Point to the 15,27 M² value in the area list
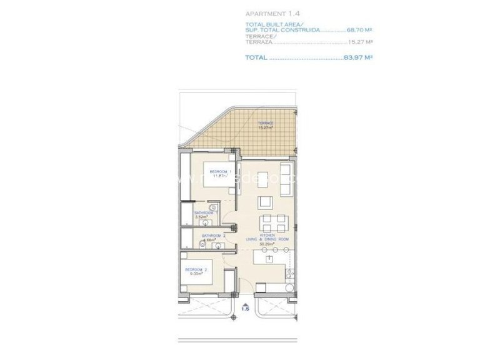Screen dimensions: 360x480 tap(361, 42)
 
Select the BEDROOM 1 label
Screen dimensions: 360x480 tap(221, 171)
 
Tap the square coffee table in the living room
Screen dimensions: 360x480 tap(264, 202)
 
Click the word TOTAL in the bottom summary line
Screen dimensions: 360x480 tap(257, 57)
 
